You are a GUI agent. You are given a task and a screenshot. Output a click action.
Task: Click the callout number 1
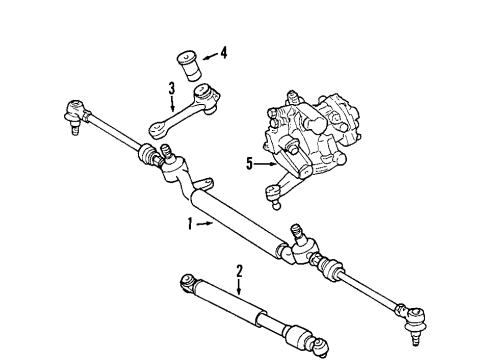tap(188, 223)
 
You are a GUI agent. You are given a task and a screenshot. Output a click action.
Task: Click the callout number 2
tap(239, 269)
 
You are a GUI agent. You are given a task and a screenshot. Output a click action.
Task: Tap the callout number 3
tap(172, 87)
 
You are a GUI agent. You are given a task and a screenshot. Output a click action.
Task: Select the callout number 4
tap(223, 52)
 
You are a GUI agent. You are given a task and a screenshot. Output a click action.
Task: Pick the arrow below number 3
tap(173, 103)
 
